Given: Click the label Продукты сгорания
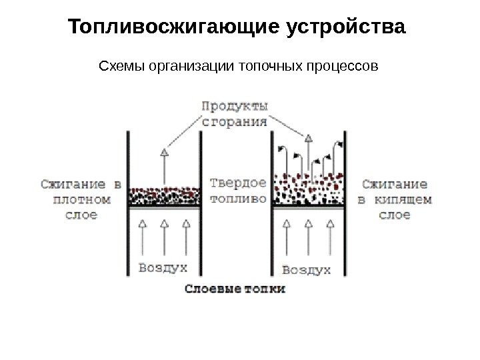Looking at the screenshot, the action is [x=235, y=113].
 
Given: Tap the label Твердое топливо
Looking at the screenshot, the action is [x=238, y=190].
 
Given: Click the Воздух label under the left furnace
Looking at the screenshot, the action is [x=163, y=268].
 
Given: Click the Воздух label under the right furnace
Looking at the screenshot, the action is [x=307, y=269].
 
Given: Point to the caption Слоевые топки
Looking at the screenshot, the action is [x=235, y=289].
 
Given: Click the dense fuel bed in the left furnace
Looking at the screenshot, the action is [x=164, y=196].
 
